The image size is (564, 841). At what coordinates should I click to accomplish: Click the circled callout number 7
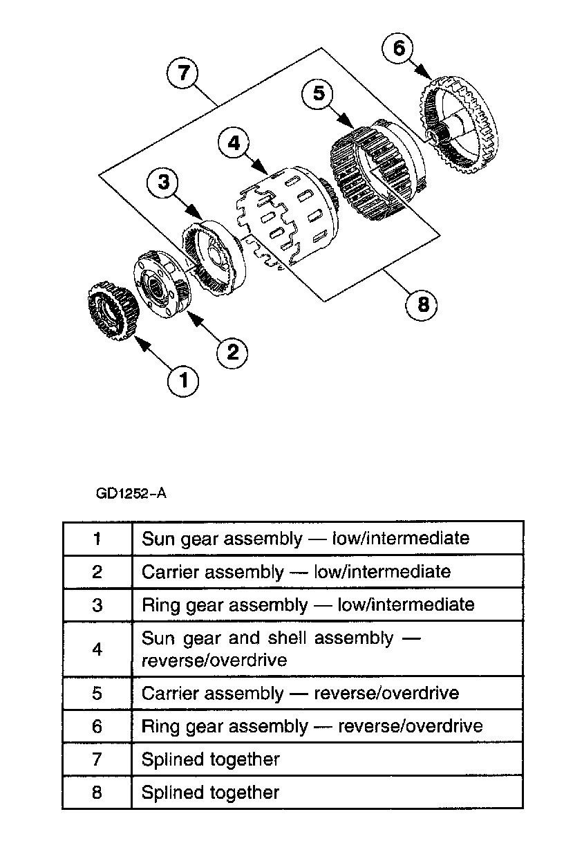[x=183, y=73]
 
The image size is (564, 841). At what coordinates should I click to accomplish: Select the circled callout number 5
[x=319, y=93]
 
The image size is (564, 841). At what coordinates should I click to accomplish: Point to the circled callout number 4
[x=234, y=143]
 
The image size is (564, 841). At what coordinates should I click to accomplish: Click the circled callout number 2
[x=232, y=352]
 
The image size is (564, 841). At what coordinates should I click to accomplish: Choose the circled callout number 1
[x=184, y=380]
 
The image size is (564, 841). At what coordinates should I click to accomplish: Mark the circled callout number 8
[x=423, y=304]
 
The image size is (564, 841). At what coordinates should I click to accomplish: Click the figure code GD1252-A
[x=131, y=495]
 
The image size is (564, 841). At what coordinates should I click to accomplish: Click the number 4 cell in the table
[x=97, y=649]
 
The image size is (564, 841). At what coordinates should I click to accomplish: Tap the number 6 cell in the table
[x=97, y=726]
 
